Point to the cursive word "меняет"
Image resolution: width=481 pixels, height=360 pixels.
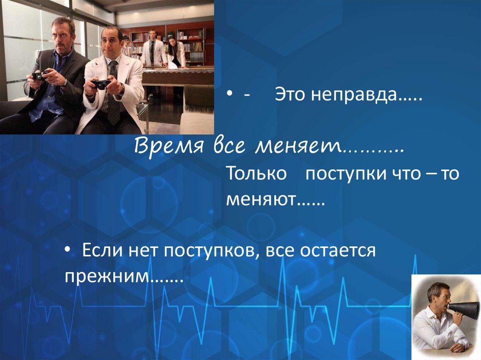[298, 147]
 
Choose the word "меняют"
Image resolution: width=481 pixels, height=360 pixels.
[261, 201]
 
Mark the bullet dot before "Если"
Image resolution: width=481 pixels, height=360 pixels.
[69, 251]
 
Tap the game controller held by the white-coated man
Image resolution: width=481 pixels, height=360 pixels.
[101, 84]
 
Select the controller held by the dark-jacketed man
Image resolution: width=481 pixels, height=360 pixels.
[39, 75]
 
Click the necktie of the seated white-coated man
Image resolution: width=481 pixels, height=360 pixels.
[113, 94]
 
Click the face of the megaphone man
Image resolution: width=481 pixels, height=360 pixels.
[441, 297]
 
